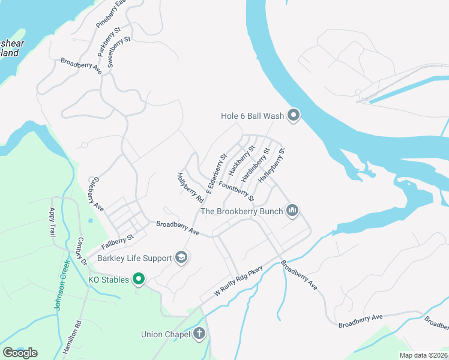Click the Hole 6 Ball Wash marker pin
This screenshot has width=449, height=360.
pyautogui.click(x=294, y=115)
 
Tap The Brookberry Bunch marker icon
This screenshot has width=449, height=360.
pyautogui.click(x=293, y=210)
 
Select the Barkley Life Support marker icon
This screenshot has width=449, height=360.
pyautogui.click(x=181, y=258)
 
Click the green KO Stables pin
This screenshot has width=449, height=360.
pyautogui.click(x=139, y=279)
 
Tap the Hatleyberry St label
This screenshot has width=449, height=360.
pyautogui.click(x=271, y=165)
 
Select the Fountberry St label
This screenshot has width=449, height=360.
pyautogui.click(x=237, y=190)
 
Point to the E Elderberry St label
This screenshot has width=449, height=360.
pyautogui.click(x=215, y=174)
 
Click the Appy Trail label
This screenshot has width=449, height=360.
pyautogui.click(x=52, y=222)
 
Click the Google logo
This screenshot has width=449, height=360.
pyautogui.click(x=20, y=353)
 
